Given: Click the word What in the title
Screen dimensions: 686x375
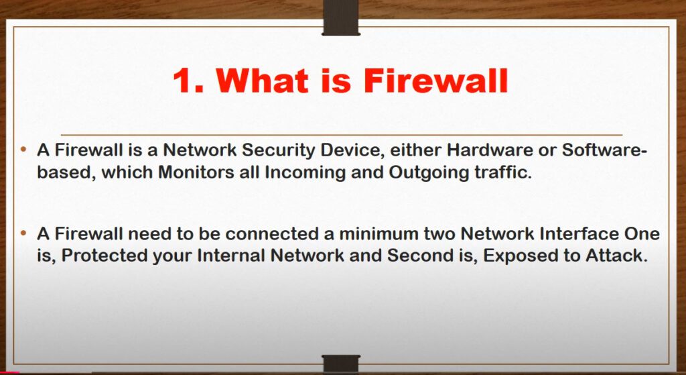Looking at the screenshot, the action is click(x=262, y=81).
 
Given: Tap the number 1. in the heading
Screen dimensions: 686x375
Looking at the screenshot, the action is click(x=188, y=81).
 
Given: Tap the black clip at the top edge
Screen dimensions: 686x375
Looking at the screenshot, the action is click(x=341, y=17).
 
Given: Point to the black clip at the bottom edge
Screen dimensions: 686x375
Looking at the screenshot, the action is click(x=341, y=364).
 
